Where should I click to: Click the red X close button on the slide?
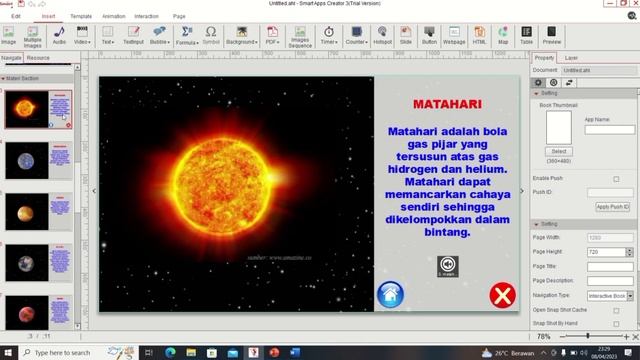click(502, 295)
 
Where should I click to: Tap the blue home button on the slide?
click(390, 294)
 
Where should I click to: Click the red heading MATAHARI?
click(447, 103)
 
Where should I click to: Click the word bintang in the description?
click(447, 232)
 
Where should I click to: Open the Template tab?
click(81, 17)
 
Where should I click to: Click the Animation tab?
click(114, 17)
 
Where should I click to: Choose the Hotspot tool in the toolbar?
click(381, 37)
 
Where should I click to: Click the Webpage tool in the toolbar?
click(453, 37)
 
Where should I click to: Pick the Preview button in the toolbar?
click(551, 37)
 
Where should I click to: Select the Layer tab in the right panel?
click(571, 58)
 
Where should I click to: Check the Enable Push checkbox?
click(616, 179)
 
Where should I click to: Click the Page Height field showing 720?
click(608, 252)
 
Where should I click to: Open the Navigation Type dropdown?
click(608, 296)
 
